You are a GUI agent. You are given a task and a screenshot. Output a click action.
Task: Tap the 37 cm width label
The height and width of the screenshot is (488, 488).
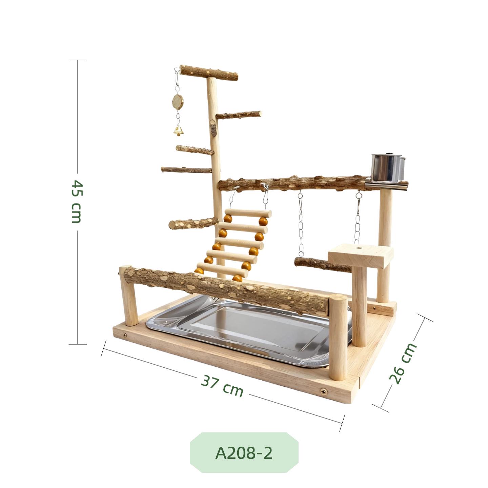pos(222,386)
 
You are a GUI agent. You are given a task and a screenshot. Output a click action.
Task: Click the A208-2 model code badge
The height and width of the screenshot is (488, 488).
pos(244,453)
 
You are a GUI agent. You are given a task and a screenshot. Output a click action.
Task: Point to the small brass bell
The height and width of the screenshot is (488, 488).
pos(178,130)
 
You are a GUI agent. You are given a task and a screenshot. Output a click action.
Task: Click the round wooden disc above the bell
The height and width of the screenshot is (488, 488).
pos(177,101)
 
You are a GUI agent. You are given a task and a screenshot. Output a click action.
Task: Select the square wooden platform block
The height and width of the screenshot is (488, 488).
pos(361,256)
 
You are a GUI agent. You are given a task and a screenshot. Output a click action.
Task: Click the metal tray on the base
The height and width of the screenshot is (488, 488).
pos(251,330)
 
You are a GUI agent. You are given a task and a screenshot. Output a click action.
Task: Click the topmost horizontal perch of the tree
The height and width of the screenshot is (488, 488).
pos(208,73)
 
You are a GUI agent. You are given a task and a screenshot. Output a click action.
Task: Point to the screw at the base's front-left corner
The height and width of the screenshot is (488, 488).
pos(125,335)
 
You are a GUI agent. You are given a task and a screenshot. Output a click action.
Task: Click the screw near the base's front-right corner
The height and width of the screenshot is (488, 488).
pos(324,392)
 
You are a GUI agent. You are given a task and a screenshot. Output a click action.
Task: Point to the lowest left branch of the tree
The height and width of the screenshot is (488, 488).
pos(193,223)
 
